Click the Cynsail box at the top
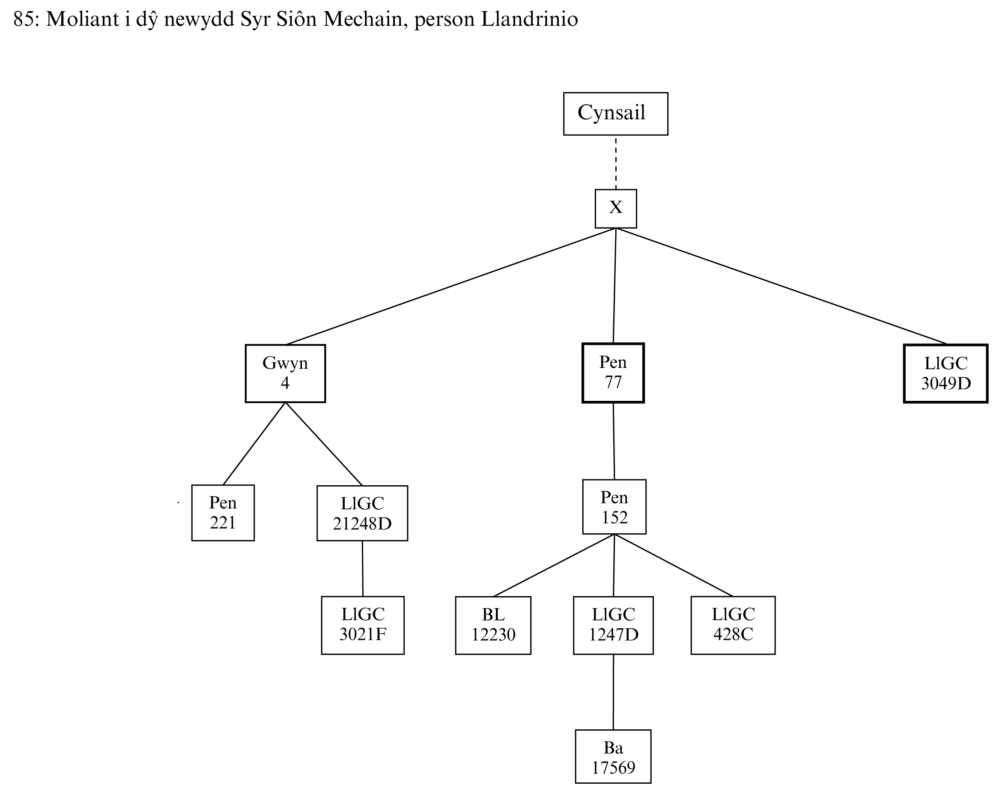tap(615, 113)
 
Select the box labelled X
tap(615, 209)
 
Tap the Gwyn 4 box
tap(285, 373)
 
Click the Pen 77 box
tap(613, 373)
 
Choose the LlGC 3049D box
tap(945, 373)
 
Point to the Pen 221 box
tap(223, 513)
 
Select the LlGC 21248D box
tap(362, 513)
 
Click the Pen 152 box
tap(614, 507)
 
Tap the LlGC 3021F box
tap(362, 625)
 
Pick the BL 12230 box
tap(493, 625)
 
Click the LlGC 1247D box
tap(613, 625)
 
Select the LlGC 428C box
tap(733, 625)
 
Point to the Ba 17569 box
tap(613, 756)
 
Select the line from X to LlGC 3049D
tap(781, 286)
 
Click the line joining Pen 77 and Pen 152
tap(614, 441)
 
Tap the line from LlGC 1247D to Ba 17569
tap(613, 692)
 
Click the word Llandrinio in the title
tap(529, 19)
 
